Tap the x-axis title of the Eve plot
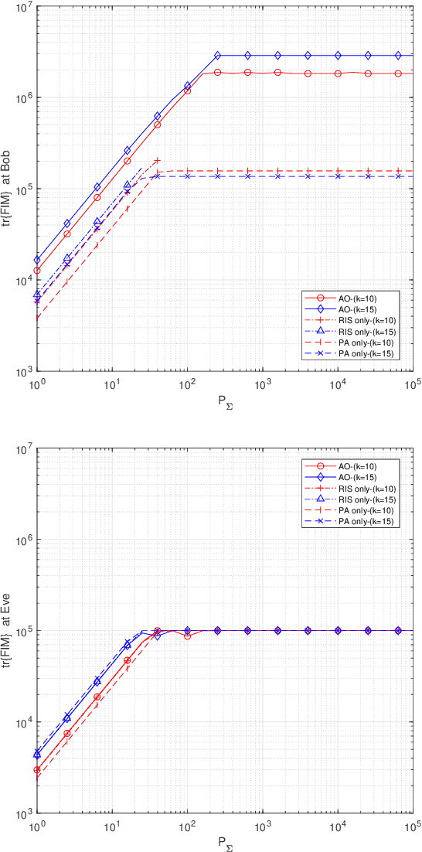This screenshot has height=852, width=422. coord(225,842)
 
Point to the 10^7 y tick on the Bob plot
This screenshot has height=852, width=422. coord(21,7)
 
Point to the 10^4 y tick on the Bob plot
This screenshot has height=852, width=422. coord(21,280)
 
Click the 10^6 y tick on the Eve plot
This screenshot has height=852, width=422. coord(21,540)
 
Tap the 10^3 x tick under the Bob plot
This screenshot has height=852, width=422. coord(263,383)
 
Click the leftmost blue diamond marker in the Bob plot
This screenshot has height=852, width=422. coord(37,260)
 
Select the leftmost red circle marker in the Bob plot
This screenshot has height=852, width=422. coord(37,271)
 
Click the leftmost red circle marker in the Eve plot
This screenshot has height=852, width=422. coord(37,770)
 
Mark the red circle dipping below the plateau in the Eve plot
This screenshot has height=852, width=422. coord(187,636)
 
